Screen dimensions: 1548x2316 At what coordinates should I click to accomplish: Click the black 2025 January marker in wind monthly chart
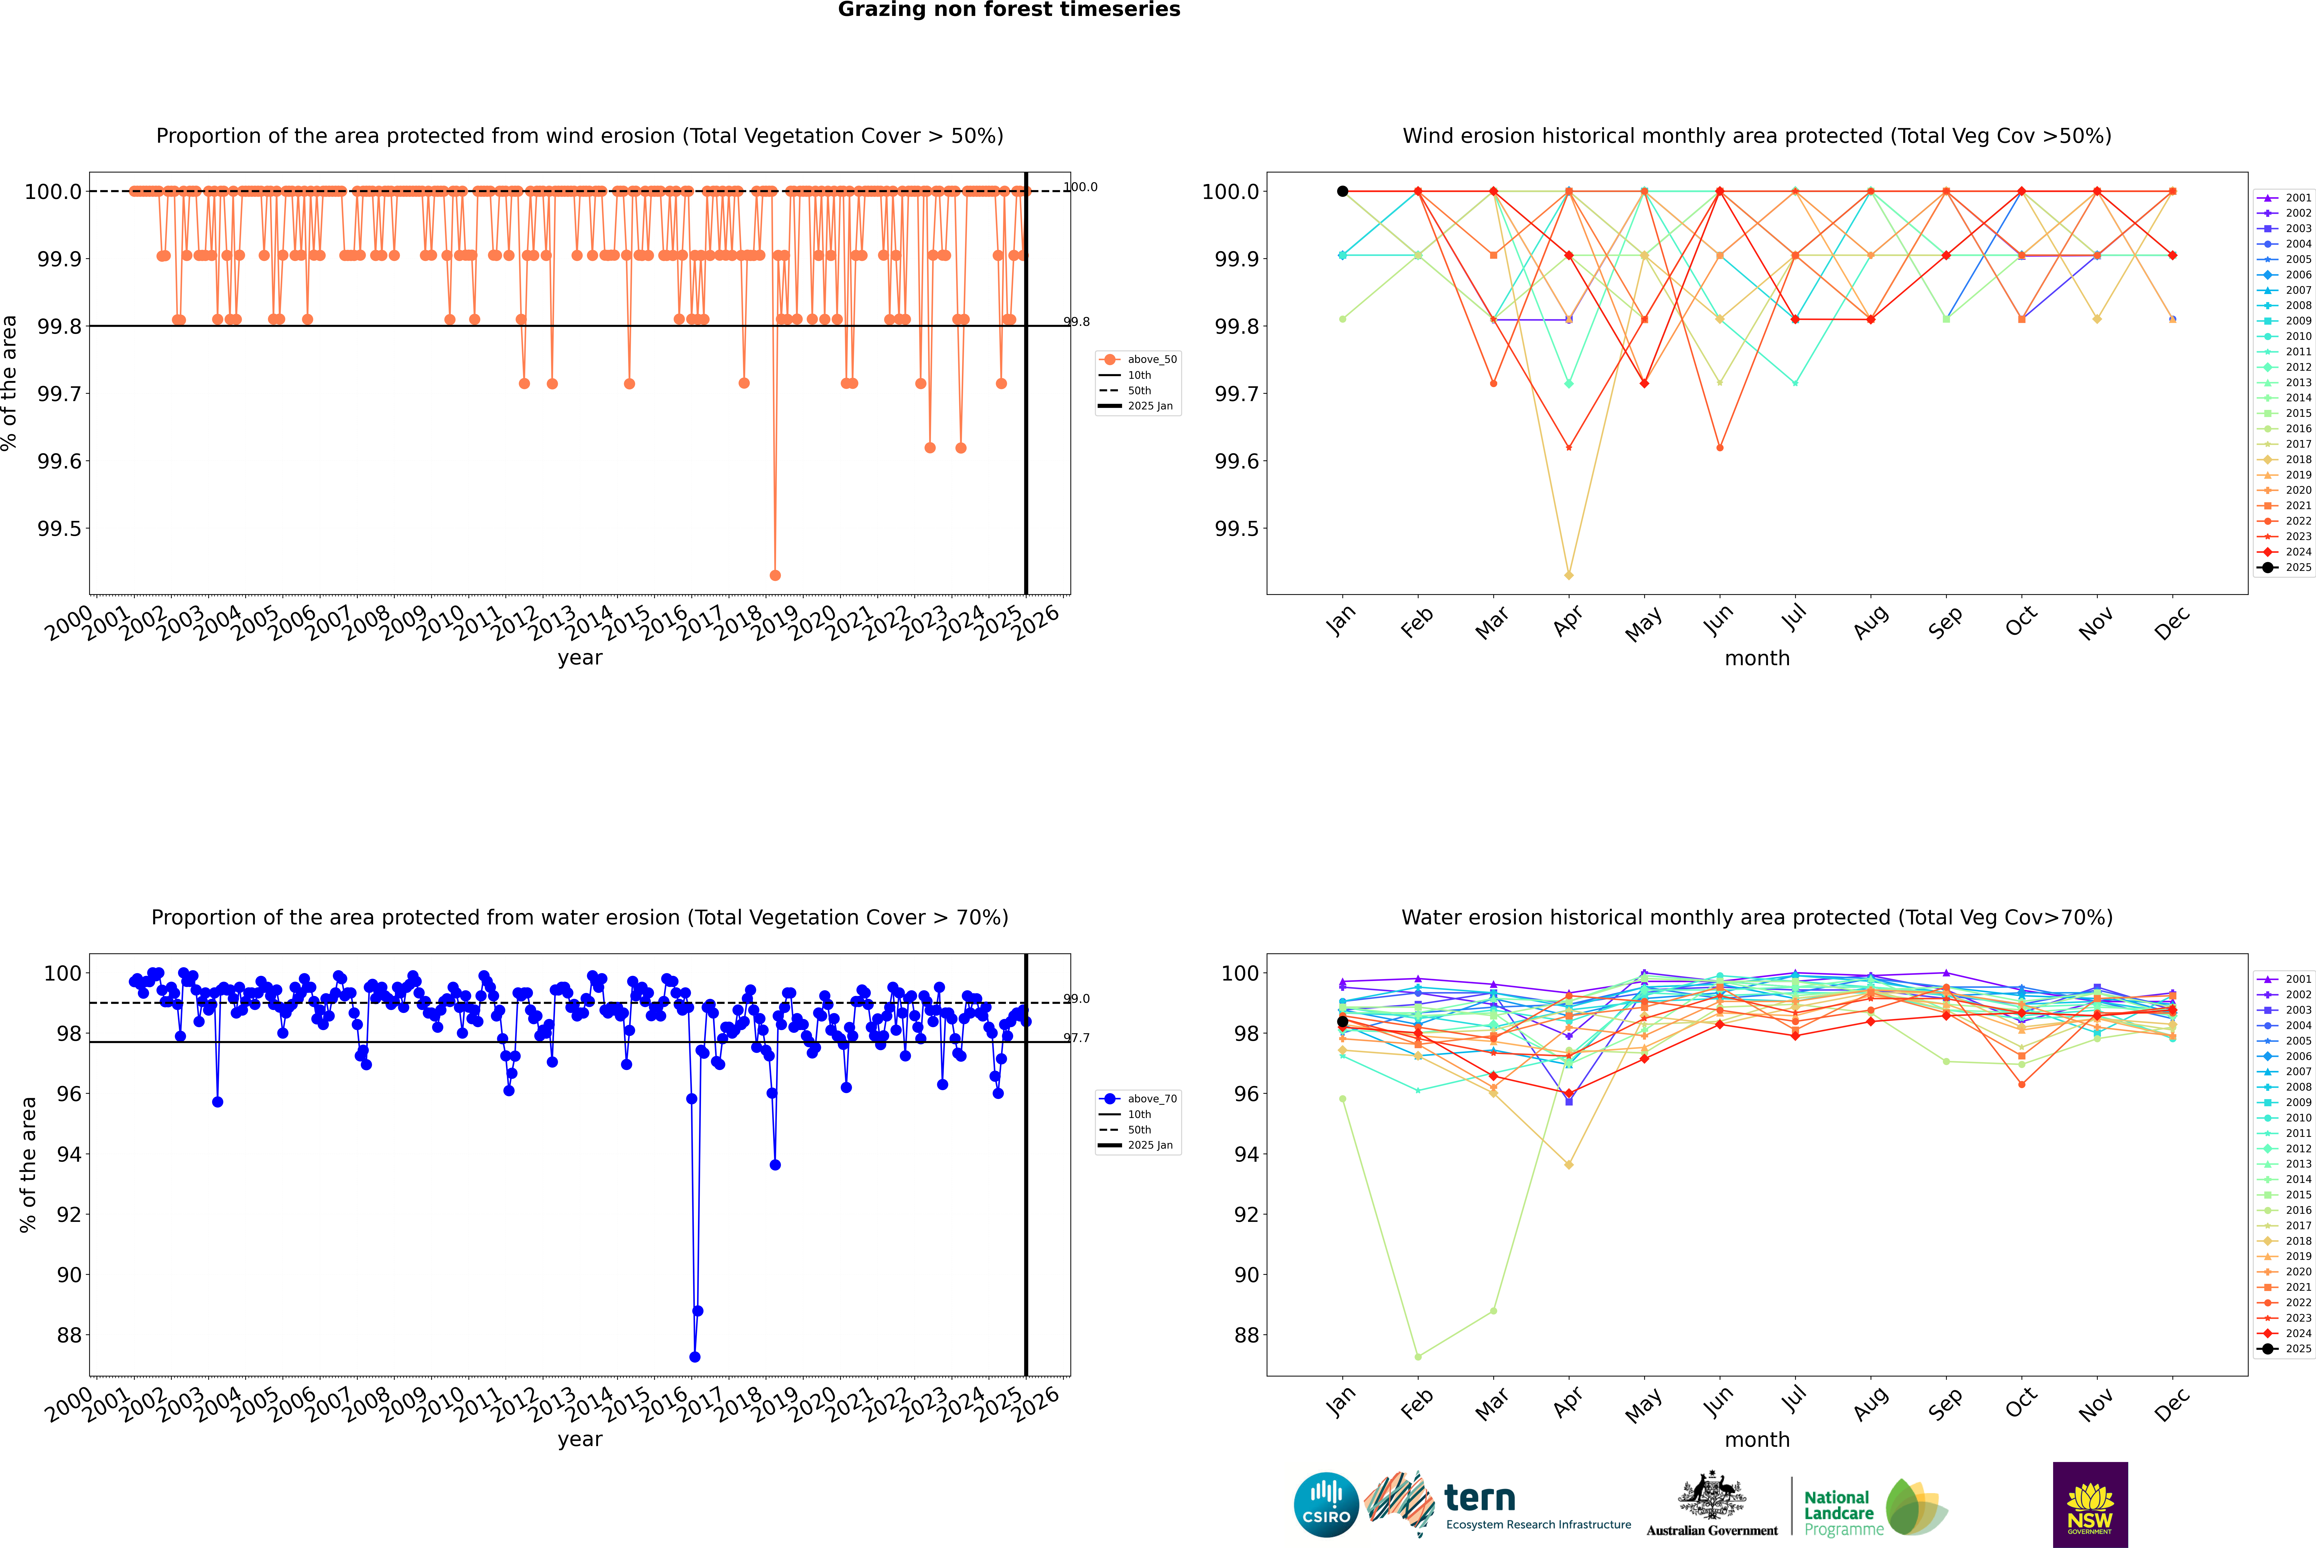[x=1343, y=192]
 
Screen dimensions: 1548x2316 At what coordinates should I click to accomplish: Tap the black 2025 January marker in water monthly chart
[x=1343, y=1022]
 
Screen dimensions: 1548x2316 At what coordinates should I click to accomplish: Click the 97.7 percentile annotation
[x=1076, y=1038]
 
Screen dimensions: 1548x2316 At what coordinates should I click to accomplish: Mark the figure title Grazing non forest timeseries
[x=1009, y=10]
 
